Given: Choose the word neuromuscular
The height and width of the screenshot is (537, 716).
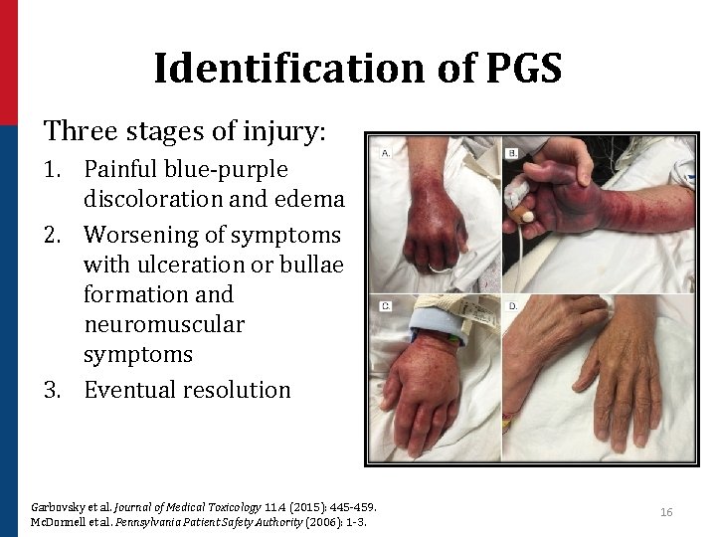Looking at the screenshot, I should [163, 324].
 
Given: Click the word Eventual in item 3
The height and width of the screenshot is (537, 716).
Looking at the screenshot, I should [130, 390].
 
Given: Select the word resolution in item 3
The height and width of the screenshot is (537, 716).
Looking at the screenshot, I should [238, 390].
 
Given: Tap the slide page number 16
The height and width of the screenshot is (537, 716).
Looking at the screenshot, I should [666, 512].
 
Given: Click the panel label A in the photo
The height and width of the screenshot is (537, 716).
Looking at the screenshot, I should [385, 153].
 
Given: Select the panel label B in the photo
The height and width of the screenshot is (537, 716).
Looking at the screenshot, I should [512, 153].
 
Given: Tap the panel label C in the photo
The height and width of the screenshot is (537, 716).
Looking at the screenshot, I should [385, 306].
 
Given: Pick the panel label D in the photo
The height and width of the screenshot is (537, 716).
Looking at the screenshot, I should [512, 306].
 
